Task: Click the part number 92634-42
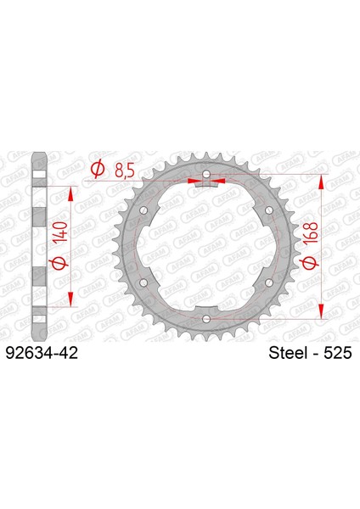pos(42,353)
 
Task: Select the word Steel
pos(288,353)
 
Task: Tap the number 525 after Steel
pos(338,353)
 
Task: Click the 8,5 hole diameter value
pos(125,171)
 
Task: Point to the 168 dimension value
pos(310,232)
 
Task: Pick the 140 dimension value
pos(61,232)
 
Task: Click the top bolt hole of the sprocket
pos(206,174)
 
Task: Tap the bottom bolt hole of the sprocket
pos(206,319)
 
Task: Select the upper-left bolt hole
pos(143,210)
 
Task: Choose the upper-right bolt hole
pos(269,210)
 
